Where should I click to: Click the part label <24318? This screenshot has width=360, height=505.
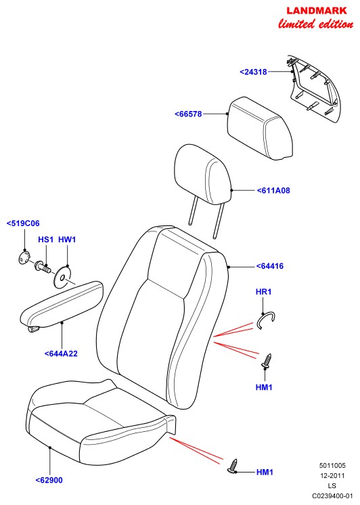tap(253, 72)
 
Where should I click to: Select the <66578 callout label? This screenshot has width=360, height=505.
tap(188, 114)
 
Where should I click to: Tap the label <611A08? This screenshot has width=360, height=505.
tap(273, 191)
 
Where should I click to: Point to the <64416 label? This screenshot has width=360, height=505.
tap(270, 266)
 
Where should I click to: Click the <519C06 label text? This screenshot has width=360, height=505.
tap(23, 223)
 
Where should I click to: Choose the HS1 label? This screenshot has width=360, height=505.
tap(45, 240)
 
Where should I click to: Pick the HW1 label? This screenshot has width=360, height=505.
tap(67, 240)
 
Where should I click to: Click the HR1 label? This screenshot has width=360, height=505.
tap(263, 292)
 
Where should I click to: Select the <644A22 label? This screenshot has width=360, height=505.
tap(61, 353)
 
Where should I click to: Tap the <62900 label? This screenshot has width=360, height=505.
tap(49, 480)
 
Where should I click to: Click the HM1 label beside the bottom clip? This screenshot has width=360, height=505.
tap(265, 473)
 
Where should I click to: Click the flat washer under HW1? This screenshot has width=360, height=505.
tap(62, 276)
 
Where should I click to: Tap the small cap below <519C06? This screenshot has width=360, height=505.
tap(24, 258)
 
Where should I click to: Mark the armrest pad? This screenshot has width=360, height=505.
tap(61, 305)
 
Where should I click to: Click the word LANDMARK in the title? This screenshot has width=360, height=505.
tap(317, 11)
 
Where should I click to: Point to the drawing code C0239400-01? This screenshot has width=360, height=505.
tap(333, 496)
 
